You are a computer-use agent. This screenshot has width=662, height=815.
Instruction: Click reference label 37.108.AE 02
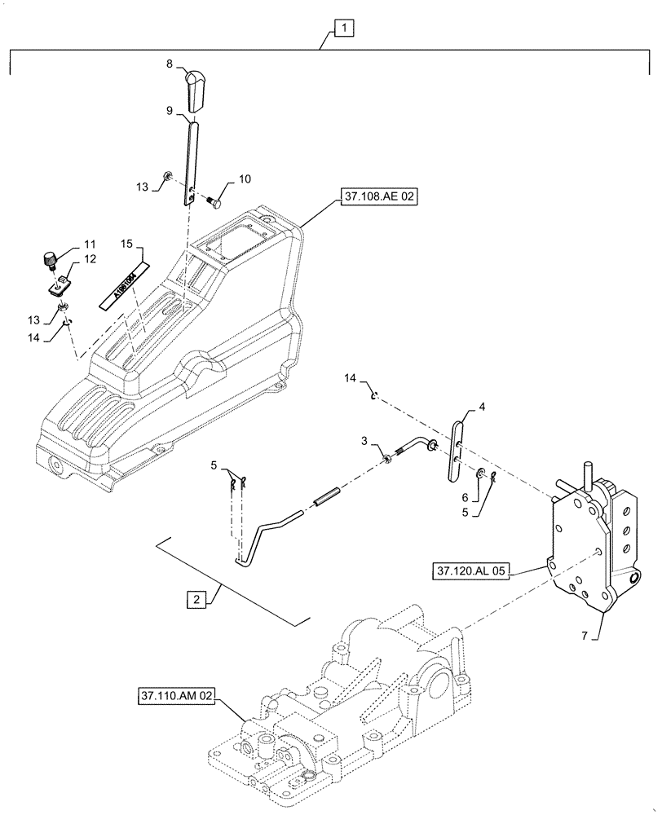tap(375, 197)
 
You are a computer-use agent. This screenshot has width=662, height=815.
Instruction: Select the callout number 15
tap(127, 243)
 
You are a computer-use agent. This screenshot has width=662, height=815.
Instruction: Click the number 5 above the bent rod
tap(214, 466)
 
